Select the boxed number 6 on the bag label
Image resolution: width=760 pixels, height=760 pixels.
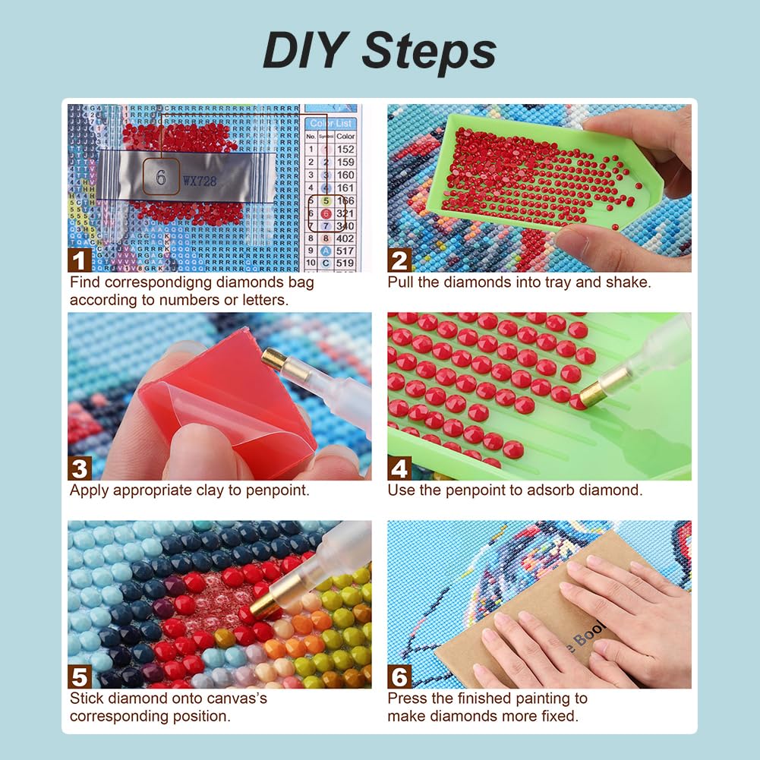pyautogui.click(x=161, y=176)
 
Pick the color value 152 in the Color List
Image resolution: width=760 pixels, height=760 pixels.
pyautogui.click(x=345, y=149)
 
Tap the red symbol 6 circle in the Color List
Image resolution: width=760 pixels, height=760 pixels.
pyautogui.click(x=325, y=214)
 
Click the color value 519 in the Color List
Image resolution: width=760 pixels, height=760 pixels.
pyautogui.click(x=345, y=263)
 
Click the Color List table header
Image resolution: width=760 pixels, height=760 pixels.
pyautogui.click(x=332, y=123)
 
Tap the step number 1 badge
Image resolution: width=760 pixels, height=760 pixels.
pyautogui.click(x=80, y=260)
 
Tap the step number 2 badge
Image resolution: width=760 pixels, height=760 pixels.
pyautogui.click(x=399, y=260)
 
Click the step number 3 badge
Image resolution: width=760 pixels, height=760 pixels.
pyautogui.click(x=80, y=468)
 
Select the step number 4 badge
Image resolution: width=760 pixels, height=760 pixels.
pyautogui.click(x=399, y=468)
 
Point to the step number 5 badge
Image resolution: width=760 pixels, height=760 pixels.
pyautogui.click(x=80, y=676)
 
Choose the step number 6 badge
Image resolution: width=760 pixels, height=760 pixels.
pyautogui.click(x=399, y=676)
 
